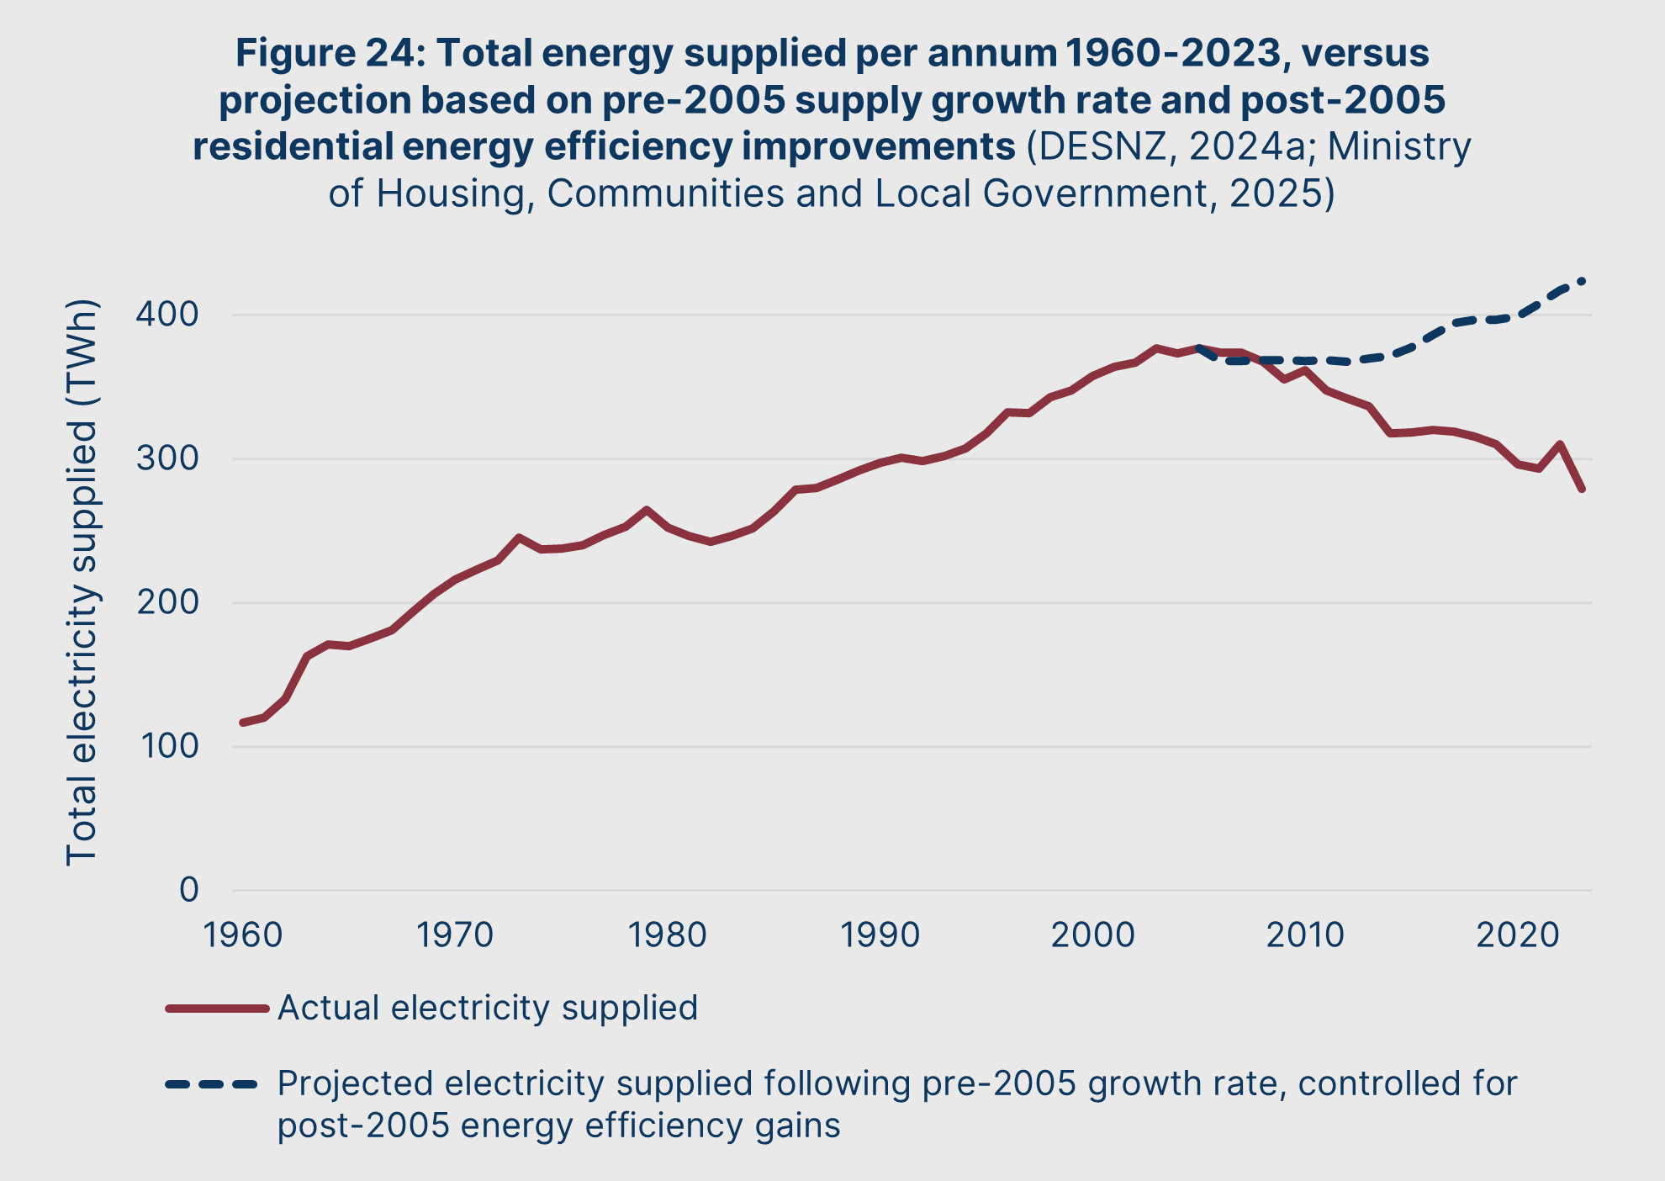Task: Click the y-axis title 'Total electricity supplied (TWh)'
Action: (82, 582)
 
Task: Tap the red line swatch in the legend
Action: (217, 1008)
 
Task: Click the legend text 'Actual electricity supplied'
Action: (488, 1008)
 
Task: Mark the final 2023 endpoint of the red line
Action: (1582, 489)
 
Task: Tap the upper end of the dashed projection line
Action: (1583, 281)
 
